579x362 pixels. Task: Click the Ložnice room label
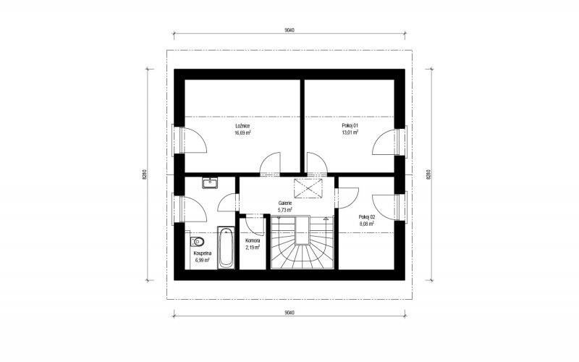click(242, 126)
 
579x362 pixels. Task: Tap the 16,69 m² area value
click(242, 132)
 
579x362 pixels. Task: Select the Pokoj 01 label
click(350, 125)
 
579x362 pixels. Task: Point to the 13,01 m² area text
click(350, 132)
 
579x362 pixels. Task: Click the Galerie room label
click(285, 203)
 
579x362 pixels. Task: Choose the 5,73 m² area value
click(285, 209)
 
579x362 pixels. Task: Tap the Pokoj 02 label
click(367, 217)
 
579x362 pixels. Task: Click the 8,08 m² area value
click(367, 224)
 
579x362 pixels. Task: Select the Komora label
click(253, 240)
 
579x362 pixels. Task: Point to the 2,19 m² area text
click(253, 247)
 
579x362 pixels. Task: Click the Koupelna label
click(203, 253)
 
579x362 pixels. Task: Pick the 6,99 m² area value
click(203, 260)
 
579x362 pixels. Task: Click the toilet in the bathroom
click(197, 242)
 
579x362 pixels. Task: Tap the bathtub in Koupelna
click(226, 247)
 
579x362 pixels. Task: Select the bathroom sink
click(210, 183)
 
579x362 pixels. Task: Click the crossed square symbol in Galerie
click(308, 188)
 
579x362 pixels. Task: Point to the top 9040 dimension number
click(289, 30)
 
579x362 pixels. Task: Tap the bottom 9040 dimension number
click(289, 313)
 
